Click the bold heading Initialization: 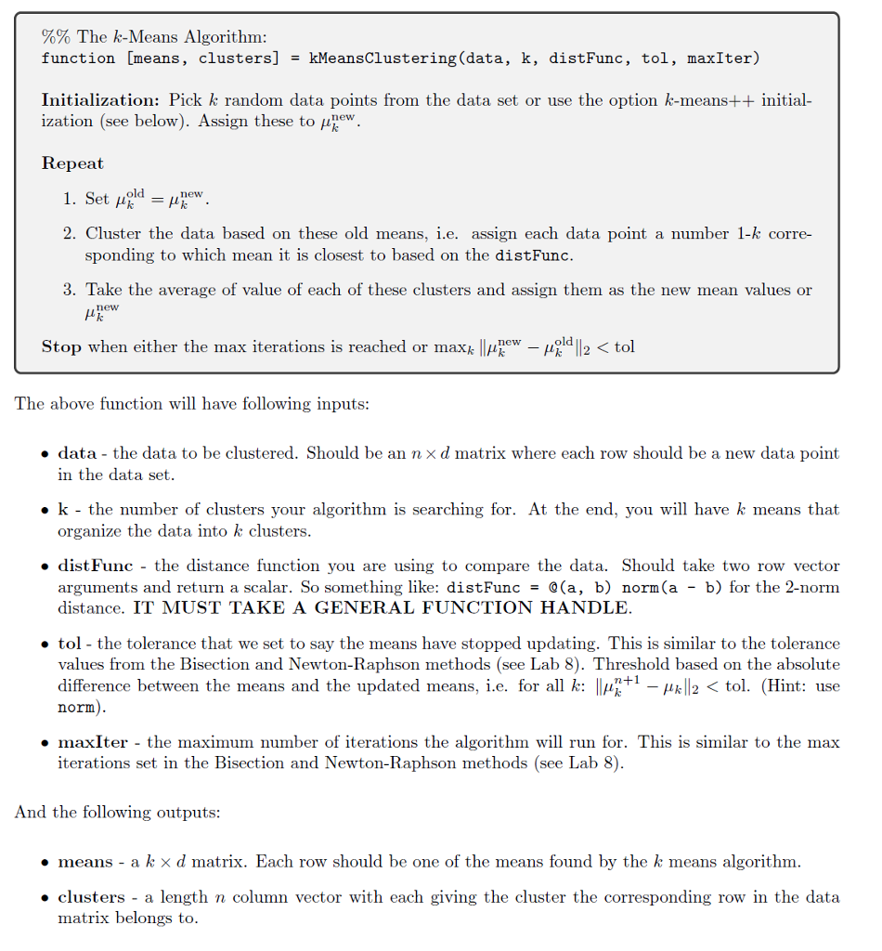click(101, 100)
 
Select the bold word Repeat click(72, 163)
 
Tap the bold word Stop click(61, 347)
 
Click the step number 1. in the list click(71, 200)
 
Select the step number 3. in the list click(71, 290)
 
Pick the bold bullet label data click(77, 453)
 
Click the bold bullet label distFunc click(95, 566)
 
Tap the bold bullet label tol click(71, 644)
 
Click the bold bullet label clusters click(91, 897)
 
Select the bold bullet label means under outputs click(85, 862)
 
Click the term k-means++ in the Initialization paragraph click(707, 100)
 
